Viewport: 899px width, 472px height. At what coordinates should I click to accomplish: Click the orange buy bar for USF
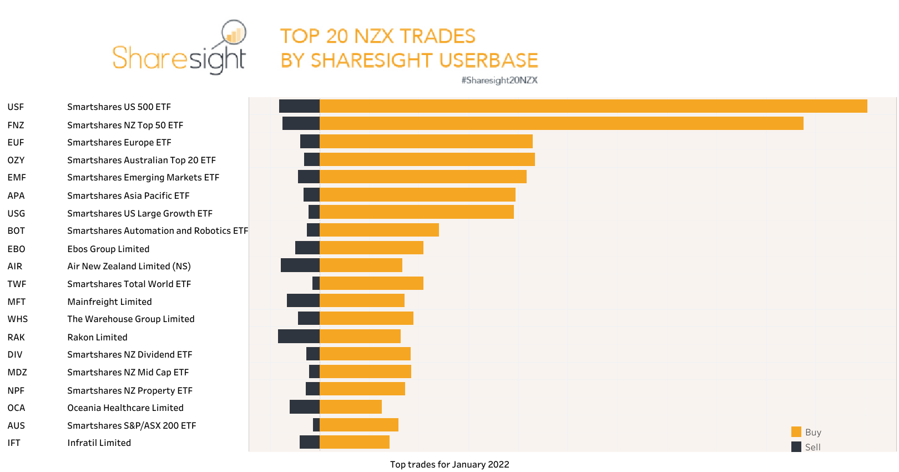pos(593,106)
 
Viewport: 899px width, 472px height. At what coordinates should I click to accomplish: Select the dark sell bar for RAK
pos(299,336)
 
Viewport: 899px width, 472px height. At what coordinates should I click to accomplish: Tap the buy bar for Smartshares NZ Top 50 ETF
pos(561,123)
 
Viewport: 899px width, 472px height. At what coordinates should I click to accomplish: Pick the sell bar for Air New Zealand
pos(300,265)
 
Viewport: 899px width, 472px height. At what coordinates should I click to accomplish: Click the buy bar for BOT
pos(379,230)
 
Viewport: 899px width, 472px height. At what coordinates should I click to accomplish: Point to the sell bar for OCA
pos(304,406)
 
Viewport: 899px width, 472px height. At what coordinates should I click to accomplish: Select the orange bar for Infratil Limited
pos(354,442)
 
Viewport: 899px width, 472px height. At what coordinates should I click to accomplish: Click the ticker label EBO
pos(16,249)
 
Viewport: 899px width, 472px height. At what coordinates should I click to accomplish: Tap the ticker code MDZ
pos(17,372)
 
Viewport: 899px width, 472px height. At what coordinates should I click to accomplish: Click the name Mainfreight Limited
pos(109,302)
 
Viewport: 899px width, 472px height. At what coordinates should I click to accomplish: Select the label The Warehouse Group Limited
pos(130,319)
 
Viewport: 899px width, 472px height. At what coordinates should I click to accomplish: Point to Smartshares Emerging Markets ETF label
pos(143,177)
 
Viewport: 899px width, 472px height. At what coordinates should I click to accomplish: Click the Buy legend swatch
pos(796,432)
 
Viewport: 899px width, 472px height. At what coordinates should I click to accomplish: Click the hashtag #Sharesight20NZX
pos(499,80)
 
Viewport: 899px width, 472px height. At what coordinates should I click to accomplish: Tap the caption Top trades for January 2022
pos(449,464)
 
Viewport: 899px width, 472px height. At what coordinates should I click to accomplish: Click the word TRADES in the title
pos(437,36)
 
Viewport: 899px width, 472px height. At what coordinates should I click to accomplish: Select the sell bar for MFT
pos(303,300)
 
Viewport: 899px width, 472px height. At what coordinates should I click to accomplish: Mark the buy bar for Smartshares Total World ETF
pos(371,283)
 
